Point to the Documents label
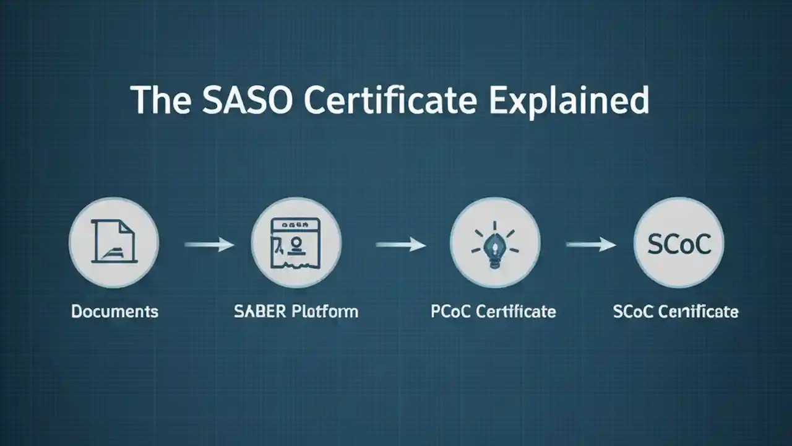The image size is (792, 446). tap(114, 311)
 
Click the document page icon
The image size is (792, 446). tap(113, 242)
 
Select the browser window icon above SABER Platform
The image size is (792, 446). tap(296, 242)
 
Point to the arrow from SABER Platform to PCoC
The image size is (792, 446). tap(400, 245)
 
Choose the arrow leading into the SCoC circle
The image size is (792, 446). tap(591, 245)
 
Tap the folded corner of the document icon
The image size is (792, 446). tap(127, 227)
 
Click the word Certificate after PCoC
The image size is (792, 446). tap(515, 311)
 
